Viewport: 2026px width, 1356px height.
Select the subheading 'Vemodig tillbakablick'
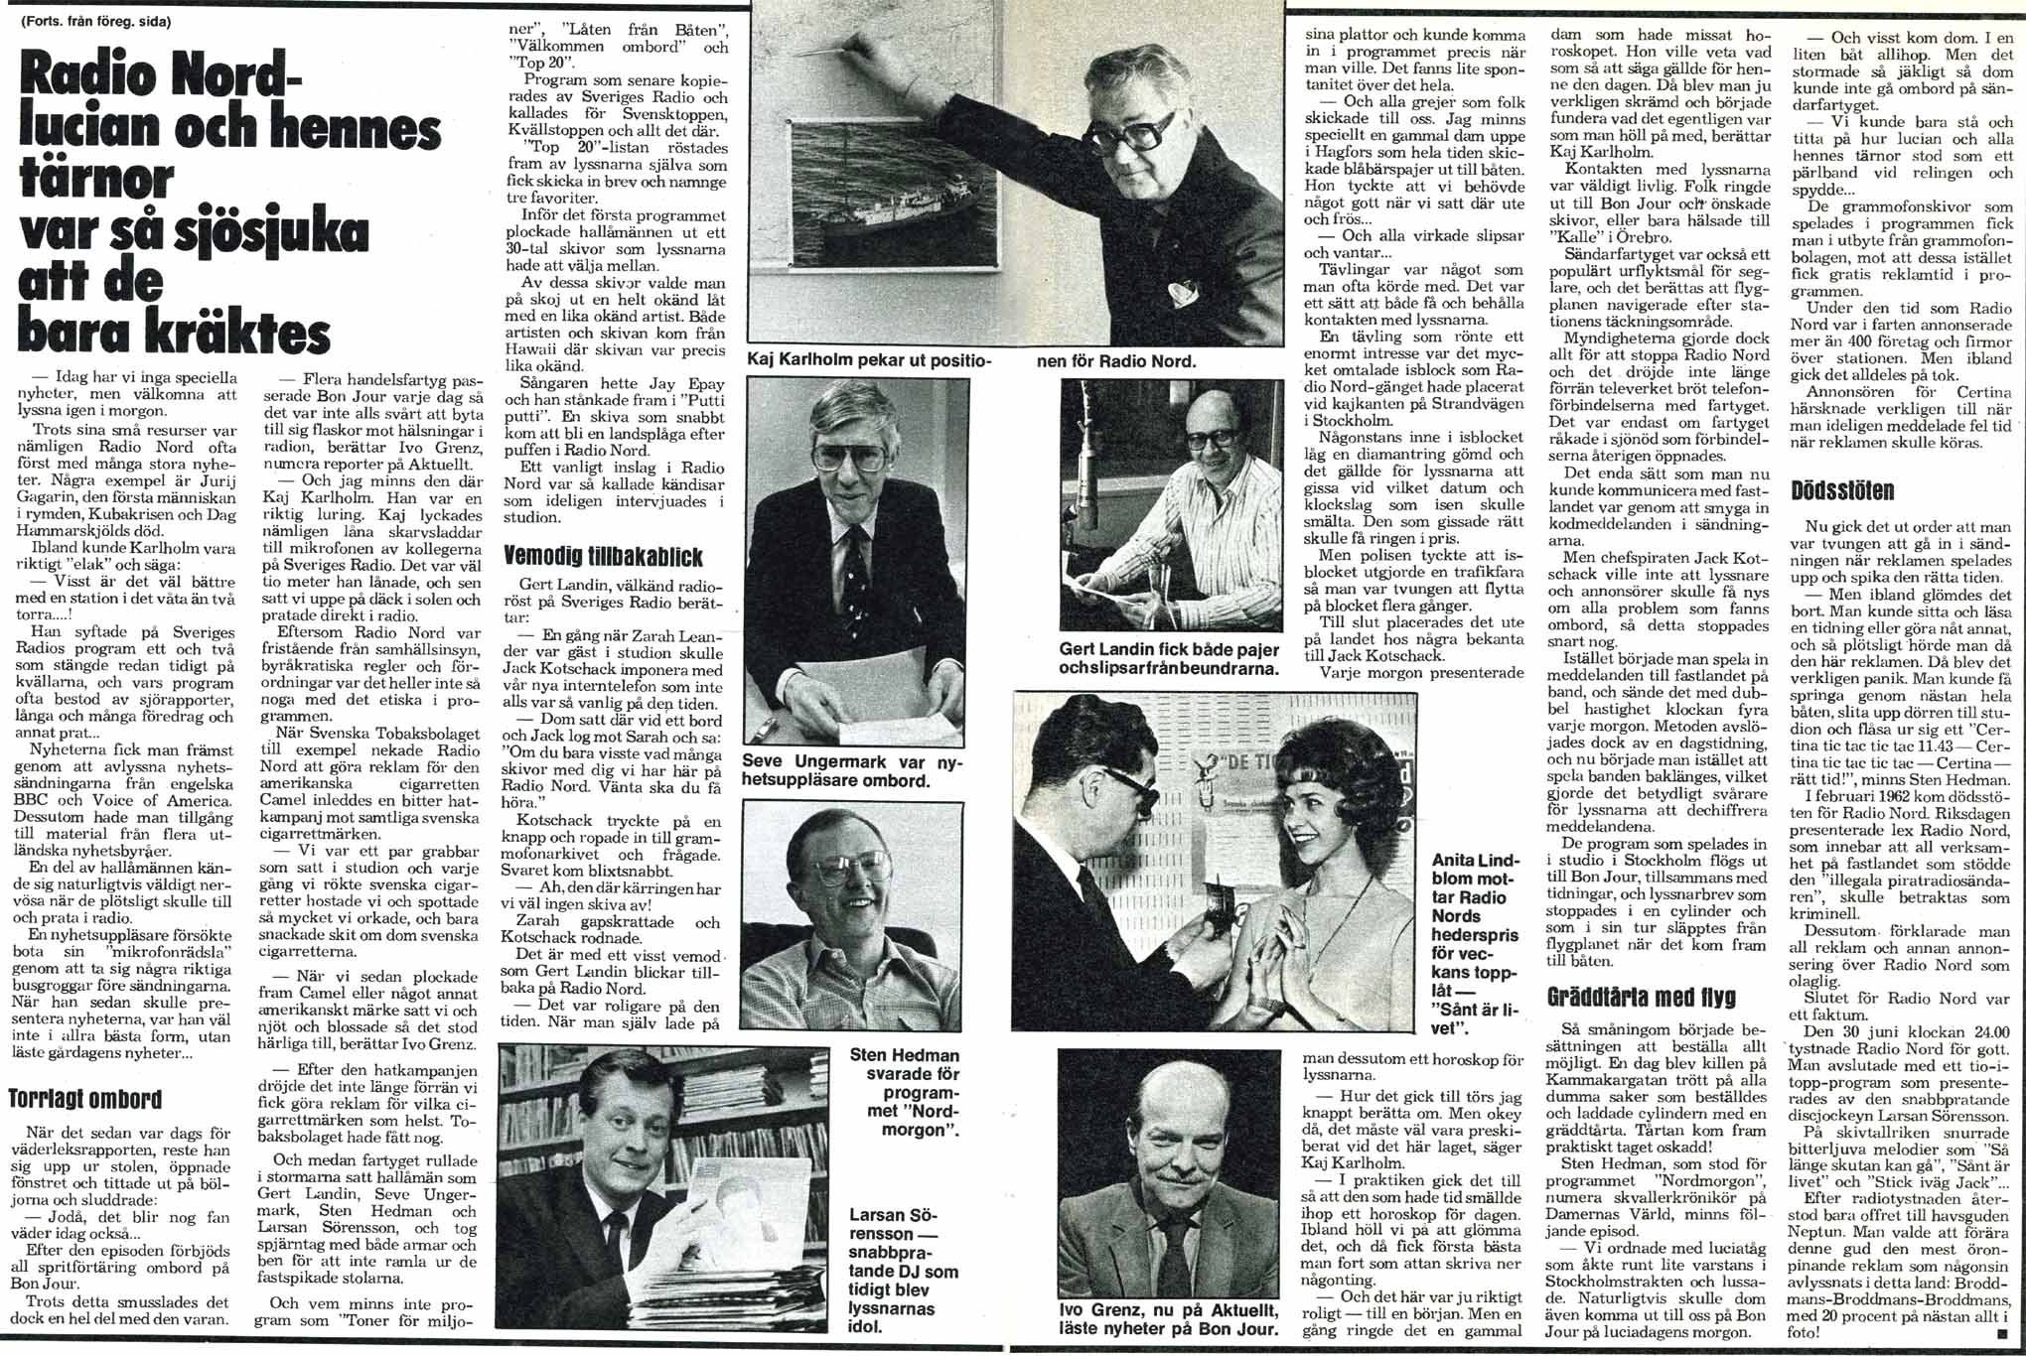pos(603,555)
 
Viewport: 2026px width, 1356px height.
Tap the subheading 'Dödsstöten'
pos(1842,490)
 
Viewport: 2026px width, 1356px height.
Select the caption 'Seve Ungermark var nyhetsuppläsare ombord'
pos(837,770)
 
